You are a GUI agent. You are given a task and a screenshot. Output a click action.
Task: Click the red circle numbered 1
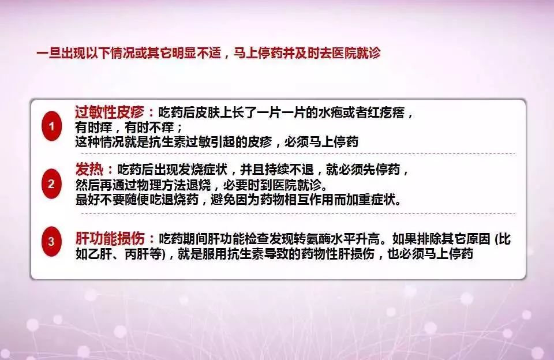point(51,126)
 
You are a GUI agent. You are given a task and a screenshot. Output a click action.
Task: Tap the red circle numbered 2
point(51,183)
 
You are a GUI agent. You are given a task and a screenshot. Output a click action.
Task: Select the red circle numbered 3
point(51,241)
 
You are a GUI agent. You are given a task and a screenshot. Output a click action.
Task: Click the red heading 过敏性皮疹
point(109,112)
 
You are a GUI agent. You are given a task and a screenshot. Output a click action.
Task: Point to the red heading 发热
point(89,170)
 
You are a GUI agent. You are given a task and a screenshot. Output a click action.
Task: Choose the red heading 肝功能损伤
point(110,239)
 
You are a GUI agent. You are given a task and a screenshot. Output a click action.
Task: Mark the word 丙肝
point(137,254)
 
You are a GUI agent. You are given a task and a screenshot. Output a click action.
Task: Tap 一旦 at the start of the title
point(48,53)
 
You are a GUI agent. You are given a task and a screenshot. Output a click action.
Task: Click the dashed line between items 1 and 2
point(298,154)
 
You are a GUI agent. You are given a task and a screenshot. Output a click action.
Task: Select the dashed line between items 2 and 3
point(298,213)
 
